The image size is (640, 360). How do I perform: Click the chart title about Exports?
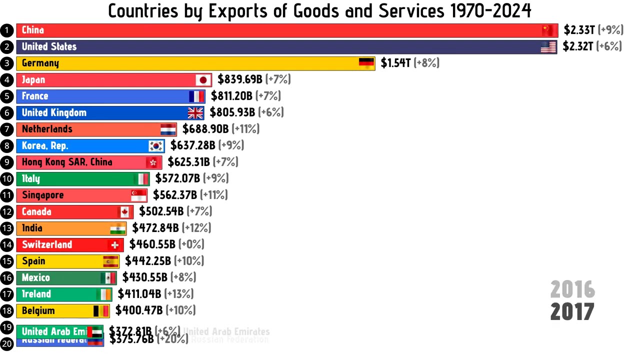click(319, 10)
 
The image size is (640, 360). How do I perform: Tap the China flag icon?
click(548, 30)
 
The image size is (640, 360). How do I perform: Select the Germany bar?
click(195, 63)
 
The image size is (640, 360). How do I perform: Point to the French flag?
click(196, 96)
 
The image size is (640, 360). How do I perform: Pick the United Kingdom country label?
click(54, 113)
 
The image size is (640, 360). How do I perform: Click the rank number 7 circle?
click(7, 129)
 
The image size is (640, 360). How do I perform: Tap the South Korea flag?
click(156, 146)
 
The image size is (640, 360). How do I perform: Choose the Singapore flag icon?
click(139, 195)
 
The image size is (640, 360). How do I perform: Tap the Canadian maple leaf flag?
click(125, 212)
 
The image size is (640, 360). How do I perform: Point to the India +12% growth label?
click(196, 228)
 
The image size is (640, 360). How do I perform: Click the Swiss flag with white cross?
click(115, 245)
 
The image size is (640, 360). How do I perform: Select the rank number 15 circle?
click(7, 261)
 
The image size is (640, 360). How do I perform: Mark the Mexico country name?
click(36, 278)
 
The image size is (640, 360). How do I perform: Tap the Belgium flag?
click(101, 311)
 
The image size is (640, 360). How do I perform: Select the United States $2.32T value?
click(578, 47)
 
